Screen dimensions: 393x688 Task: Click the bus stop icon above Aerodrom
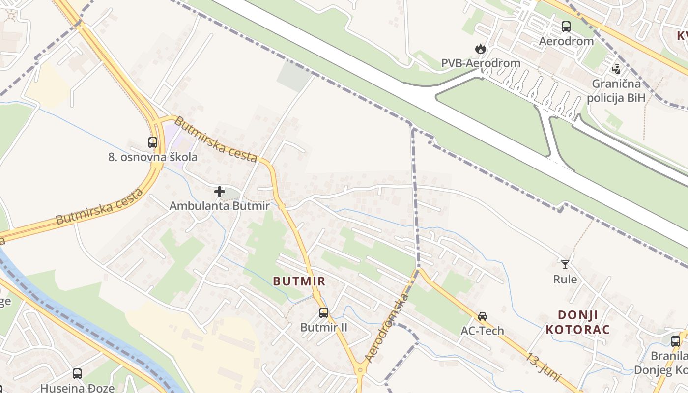pos(566,27)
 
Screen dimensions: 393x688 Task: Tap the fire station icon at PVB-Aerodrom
pos(480,49)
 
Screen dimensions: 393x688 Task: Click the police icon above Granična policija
pos(616,69)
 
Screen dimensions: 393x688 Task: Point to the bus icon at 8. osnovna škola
pos(153,142)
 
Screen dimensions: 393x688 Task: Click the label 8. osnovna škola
pos(153,157)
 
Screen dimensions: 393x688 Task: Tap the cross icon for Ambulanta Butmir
pos(220,191)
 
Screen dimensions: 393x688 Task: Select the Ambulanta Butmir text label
pos(219,206)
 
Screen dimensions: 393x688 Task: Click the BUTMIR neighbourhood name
pos(299,281)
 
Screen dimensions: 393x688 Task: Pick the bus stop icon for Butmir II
pos(324,313)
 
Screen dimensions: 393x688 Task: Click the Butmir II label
pos(324,327)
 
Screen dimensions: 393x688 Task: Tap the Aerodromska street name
pos(388,328)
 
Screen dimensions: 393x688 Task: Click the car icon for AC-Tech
pos(483,316)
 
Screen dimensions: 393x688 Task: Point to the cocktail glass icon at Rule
pos(565,265)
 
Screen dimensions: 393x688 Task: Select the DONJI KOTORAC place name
pos(577,322)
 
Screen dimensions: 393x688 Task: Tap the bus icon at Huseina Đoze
pos(77,374)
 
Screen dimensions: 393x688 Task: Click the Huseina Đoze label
pos(77,388)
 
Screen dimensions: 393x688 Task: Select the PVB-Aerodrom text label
pos(480,63)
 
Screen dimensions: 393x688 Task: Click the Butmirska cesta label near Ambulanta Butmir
pos(216,140)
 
